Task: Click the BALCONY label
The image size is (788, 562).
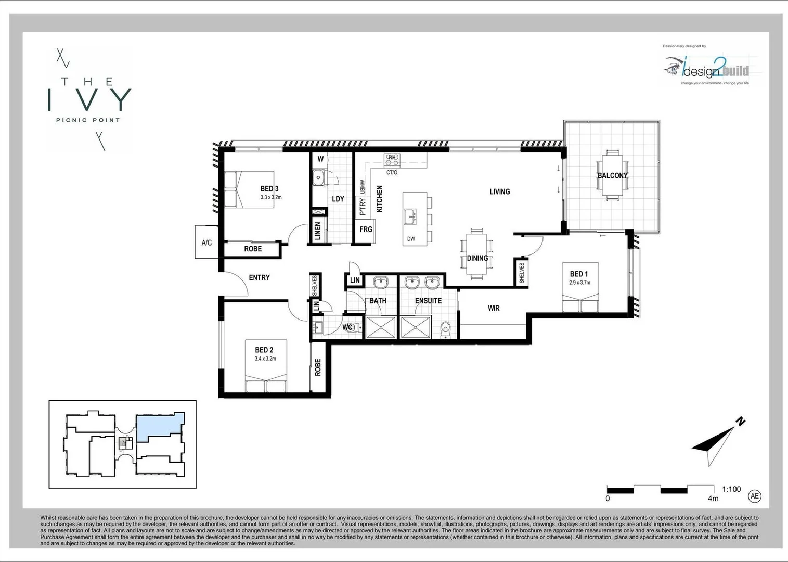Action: [x=612, y=175]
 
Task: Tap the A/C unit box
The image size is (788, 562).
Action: [x=206, y=242]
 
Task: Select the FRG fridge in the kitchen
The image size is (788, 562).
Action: [x=366, y=229]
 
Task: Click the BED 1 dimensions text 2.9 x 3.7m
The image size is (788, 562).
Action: [x=579, y=283]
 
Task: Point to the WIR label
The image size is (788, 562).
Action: [x=494, y=308]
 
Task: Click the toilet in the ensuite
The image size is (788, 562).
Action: [x=445, y=329]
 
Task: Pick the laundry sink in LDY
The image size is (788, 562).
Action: [x=318, y=178]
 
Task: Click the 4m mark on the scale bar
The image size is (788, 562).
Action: [x=713, y=498]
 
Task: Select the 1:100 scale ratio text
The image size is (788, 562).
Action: [x=731, y=489]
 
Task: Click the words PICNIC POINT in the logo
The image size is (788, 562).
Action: [x=88, y=120]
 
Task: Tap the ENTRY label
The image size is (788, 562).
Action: [x=259, y=277]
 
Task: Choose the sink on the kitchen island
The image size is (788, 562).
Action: [x=410, y=215]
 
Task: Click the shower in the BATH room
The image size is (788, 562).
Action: [x=381, y=327]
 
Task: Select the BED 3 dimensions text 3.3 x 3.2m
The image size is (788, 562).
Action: [x=270, y=197]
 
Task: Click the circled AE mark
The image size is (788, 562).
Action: [x=754, y=496]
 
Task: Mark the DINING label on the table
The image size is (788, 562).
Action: [x=477, y=258]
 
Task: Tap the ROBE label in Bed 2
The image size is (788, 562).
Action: [x=318, y=367]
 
